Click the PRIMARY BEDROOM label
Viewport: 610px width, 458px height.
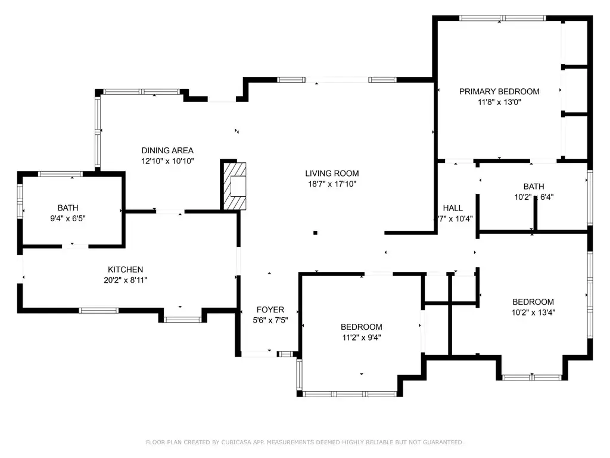(499, 91)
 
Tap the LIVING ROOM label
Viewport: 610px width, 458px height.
(332, 174)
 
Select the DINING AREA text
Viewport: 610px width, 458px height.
(167, 150)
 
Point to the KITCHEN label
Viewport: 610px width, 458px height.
(125, 270)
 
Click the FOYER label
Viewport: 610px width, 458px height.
(270, 310)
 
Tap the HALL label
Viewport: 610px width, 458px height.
(453, 208)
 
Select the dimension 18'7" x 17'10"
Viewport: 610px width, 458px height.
(332, 184)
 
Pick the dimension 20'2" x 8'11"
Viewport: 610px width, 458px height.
(125, 280)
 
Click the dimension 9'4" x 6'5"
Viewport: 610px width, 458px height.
(68, 218)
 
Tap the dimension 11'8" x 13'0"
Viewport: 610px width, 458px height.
(499, 102)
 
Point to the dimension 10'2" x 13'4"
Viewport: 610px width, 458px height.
(533, 312)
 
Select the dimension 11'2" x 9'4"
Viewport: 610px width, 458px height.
(361, 337)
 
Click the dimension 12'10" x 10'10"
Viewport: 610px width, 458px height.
(167, 161)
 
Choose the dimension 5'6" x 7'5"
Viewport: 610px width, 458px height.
(270, 320)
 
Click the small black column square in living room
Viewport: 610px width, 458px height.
(315, 233)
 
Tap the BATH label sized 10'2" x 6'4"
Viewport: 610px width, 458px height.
(533, 186)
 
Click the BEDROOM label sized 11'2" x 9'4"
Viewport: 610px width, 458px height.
(361, 327)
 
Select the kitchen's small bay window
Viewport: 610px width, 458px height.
(181, 319)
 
